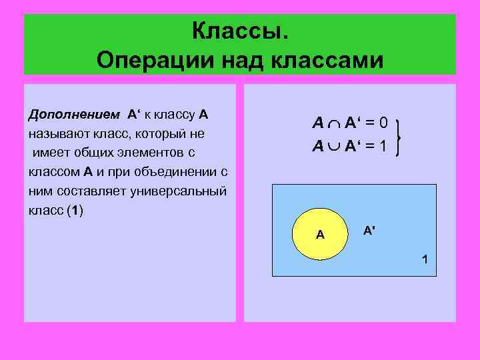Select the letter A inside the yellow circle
(x=320, y=235)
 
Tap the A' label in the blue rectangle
(x=368, y=230)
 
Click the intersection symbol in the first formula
(x=333, y=123)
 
